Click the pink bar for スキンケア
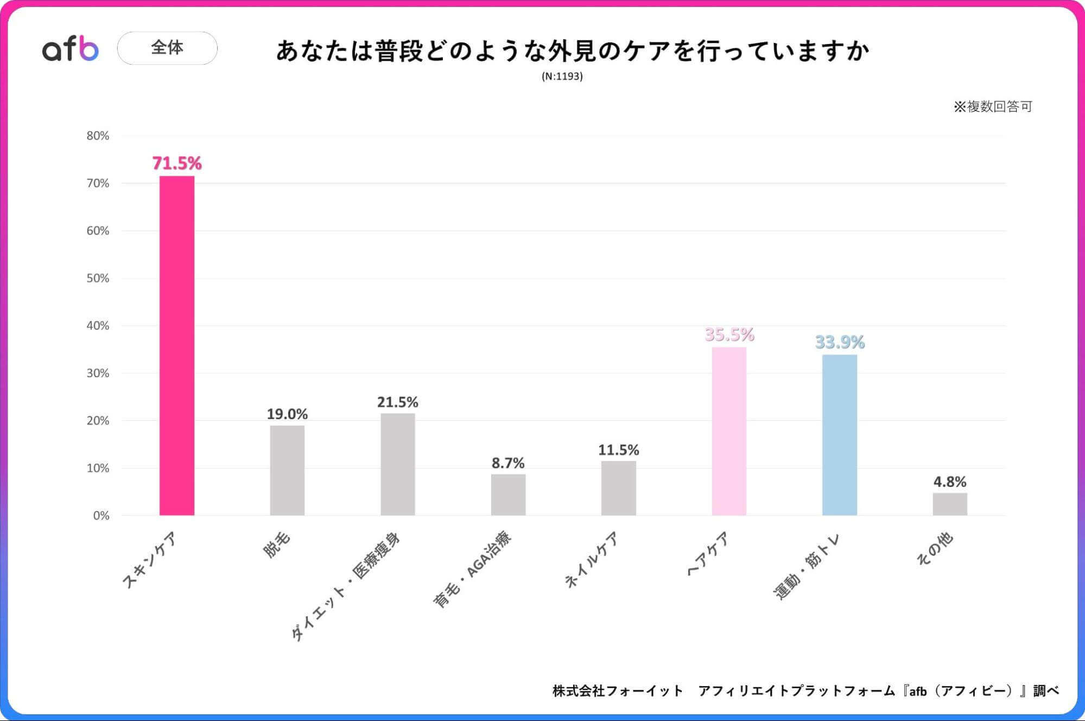pyautogui.click(x=177, y=345)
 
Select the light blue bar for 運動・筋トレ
pyautogui.click(x=839, y=434)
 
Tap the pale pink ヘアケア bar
pyautogui.click(x=729, y=431)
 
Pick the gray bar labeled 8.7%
pyautogui.click(x=508, y=495)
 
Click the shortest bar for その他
pyautogui.click(x=949, y=504)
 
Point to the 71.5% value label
pyautogui.click(x=177, y=163)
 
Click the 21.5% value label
pyautogui.click(x=397, y=402)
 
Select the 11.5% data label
pyautogui.click(x=618, y=450)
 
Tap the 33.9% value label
pyautogui.click(x=839, y=342)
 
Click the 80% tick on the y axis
pyautogui.click(x=98, y=136)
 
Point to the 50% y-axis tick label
pyautogui.click(x=98, y=279)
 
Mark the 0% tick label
pyautogui.click(x=101, y=516)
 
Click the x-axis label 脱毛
pyautogui.click(x=277, y=545)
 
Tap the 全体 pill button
pyautogui.click(x=167, y=48)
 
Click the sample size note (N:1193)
pyautogui.click(x=562, y=77)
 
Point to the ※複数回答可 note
pyautogui.click(x=992, y=106)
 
